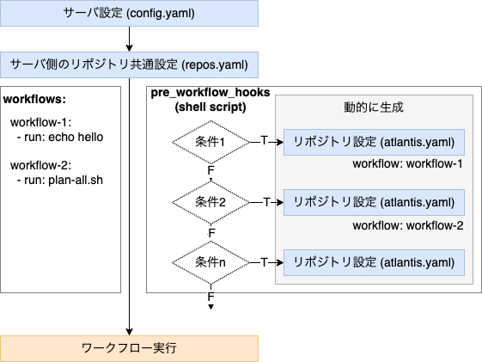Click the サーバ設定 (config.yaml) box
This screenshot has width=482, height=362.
point(129,13)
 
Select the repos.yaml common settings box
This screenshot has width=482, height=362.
point(129,64)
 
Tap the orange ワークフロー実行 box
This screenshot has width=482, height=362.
point(129,348)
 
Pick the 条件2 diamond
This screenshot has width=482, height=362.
point(210,202)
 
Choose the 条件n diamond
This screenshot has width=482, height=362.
point(210,261)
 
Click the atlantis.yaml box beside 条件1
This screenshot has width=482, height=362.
point(374,142)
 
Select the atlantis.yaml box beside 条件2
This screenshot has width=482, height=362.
point(374,202)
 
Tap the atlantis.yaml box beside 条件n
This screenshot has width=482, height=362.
point(374,261)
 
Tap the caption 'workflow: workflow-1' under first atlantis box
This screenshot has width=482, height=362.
point(408,164)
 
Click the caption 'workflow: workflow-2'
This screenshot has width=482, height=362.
point(408,225)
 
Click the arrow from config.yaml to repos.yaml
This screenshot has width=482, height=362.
point(129,39)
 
